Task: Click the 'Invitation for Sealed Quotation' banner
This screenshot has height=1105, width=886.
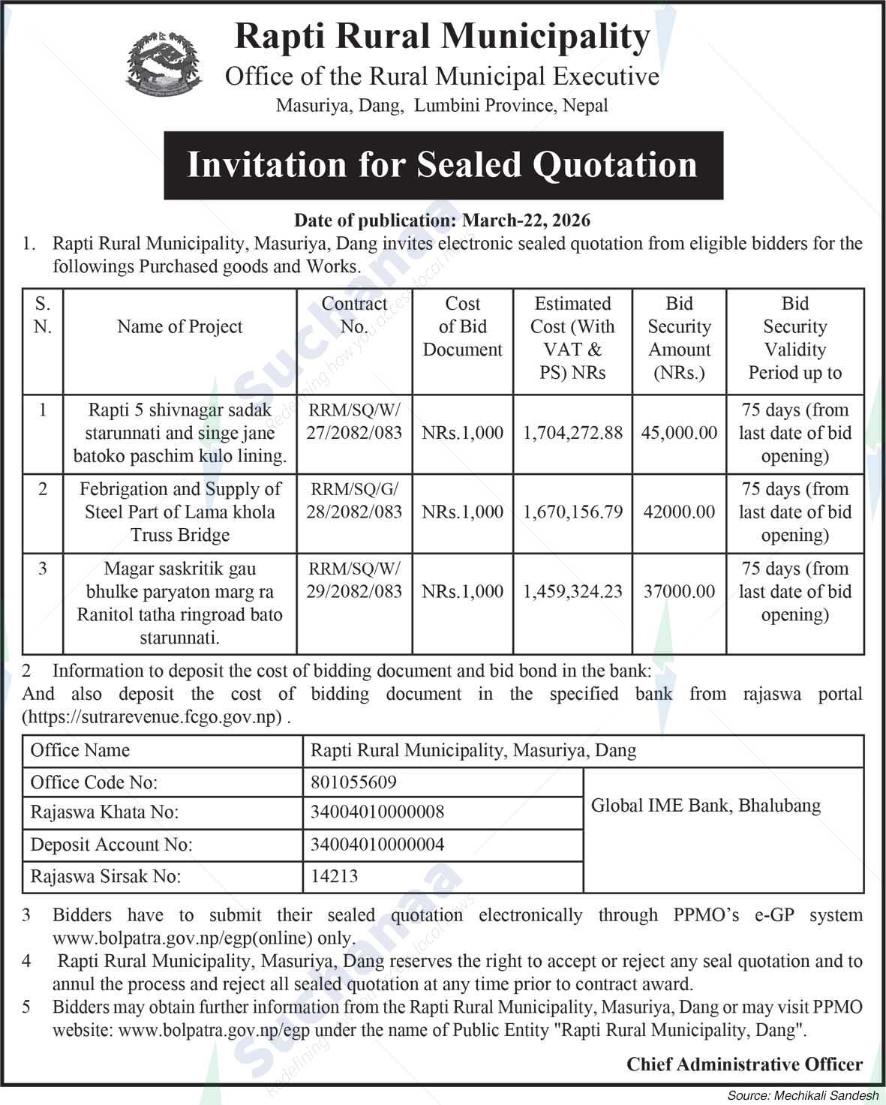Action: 443,165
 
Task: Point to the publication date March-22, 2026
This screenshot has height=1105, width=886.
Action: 442,220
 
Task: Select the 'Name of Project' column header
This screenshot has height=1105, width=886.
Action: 180,327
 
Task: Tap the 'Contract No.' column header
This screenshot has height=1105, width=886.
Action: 354,315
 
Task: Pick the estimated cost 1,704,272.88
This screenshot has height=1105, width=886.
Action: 573,433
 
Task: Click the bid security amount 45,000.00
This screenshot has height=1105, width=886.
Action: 679,433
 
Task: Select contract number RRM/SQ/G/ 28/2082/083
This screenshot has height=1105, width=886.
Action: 354,500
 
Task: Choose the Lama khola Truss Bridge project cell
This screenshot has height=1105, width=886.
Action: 180,512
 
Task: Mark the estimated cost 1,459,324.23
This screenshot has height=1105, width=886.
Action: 573,591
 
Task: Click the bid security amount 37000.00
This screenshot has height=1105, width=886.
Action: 679,591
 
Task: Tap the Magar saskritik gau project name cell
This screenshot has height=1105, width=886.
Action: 180,603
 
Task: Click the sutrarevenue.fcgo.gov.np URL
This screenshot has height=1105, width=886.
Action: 152,716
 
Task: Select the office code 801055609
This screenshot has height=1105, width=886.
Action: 353,782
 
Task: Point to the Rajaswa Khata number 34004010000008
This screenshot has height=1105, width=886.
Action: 377,812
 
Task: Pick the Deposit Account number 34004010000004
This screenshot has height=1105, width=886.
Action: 377,845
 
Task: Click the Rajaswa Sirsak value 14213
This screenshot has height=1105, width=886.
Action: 335,875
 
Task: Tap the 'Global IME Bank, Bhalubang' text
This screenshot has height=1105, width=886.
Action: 706,806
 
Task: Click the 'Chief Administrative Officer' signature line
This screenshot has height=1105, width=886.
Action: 744,1064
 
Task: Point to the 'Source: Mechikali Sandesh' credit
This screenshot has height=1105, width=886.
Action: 803,1096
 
